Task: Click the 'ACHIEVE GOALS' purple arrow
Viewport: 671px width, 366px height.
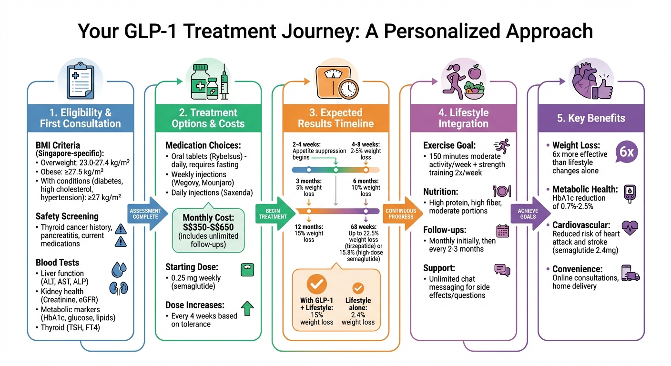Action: click(x=528, y=213)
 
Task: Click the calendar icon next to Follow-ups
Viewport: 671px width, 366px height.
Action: click(x=503, y=231)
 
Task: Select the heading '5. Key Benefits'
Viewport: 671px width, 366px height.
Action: click(x=591, y=118)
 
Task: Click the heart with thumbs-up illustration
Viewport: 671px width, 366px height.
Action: click(x=590, y=81)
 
